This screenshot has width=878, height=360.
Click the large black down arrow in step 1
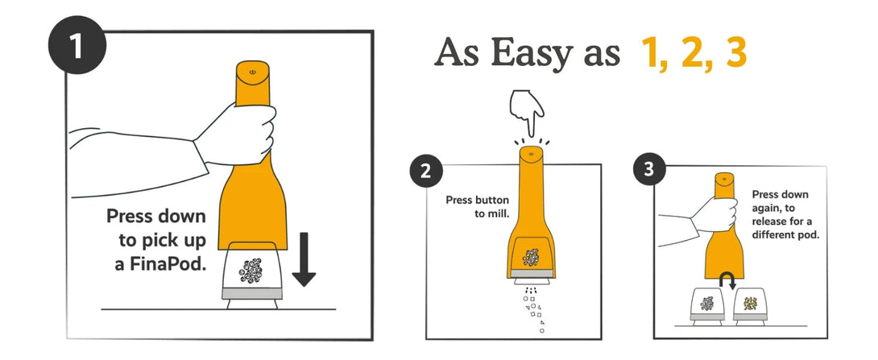[303, 260]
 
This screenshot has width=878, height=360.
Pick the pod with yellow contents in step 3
[749, 306]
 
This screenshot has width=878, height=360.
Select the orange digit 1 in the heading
[651, 52]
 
